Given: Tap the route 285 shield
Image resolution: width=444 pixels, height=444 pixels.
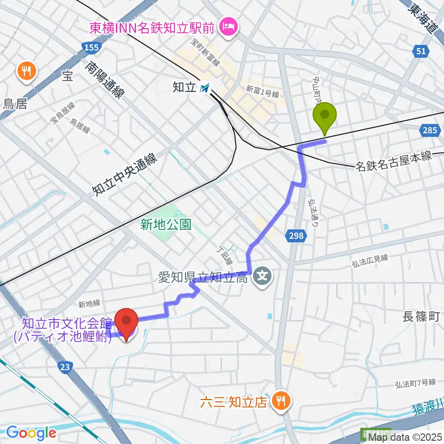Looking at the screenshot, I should point(430,131).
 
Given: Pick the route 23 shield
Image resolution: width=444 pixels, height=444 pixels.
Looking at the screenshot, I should point(65,367).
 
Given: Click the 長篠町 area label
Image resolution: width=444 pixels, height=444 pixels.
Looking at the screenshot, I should point(420,317).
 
